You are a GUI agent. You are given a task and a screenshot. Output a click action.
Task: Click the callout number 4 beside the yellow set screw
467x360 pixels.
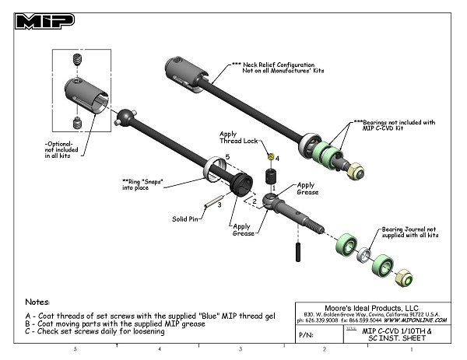pos(277,158)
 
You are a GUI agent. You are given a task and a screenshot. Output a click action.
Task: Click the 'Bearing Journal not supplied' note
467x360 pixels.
pos(410,232)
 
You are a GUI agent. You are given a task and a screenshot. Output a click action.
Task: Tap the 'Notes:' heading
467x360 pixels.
pos(37,300)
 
